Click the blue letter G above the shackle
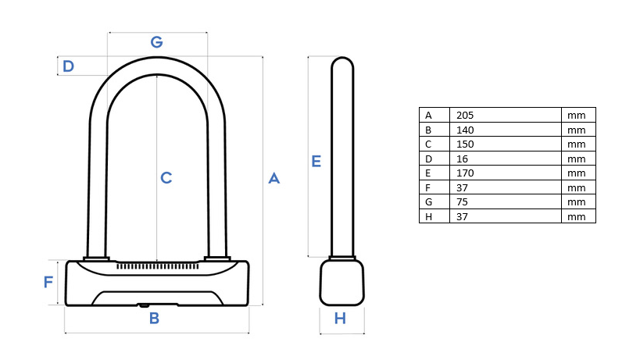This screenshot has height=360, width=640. tap(157, 42)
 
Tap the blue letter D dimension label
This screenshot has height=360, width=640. tap(68, 66)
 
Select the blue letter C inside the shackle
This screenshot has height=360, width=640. tap(166, 178)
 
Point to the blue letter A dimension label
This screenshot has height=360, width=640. tap(274, 178)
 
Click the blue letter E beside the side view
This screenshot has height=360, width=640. tap(316, 162)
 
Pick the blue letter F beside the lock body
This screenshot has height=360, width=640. tap(48, 282)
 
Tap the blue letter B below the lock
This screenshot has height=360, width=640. tap(154, 319)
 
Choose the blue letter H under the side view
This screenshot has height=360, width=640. tap(340, 319)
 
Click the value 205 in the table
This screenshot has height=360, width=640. tap(465, 116)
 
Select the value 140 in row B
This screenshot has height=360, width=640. tap(465, 130)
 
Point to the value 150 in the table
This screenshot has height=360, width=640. tap(465, 144)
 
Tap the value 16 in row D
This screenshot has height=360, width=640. tap(462, 159)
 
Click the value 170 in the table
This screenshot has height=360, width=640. tap(465, 173)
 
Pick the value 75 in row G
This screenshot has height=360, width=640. tap(462, 202)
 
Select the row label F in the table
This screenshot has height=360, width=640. tap(427, 188)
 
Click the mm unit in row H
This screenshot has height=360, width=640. tap(577, 217)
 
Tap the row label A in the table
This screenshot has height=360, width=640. tap(428, 116)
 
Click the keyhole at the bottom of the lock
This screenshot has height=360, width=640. tap(144, 305)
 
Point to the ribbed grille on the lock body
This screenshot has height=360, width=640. tap(158, 266)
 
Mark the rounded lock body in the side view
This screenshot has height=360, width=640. tap(342, 282)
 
